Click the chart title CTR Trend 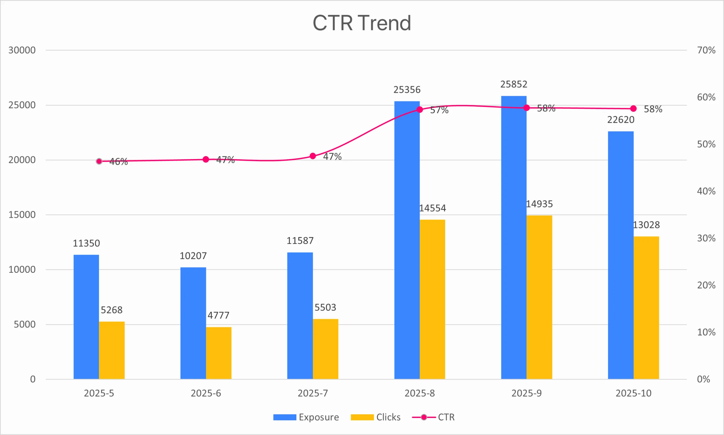(x=362, y=23)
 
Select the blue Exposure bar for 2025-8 (x=407, y=240)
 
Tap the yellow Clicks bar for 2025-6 (x=219, y=353)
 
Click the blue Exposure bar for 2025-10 (x=620, y=255)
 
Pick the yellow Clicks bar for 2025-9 (x=539, y=297)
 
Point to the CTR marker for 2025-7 (x=313, y=156)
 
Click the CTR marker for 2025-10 (x=633, y=109)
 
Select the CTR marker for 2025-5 (x=99, y=161)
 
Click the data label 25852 (x=514, y=84)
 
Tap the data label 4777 (x=219, y=315)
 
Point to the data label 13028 (x=647, y=225)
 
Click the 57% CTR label (x=439, y=110)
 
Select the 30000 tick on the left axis (x=22, y=50)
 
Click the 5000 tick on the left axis (x=25, y=324)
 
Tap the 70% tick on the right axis (x=706, y=50)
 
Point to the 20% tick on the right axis (x=706, y=285)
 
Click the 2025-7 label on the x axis (x=313, y=393)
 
